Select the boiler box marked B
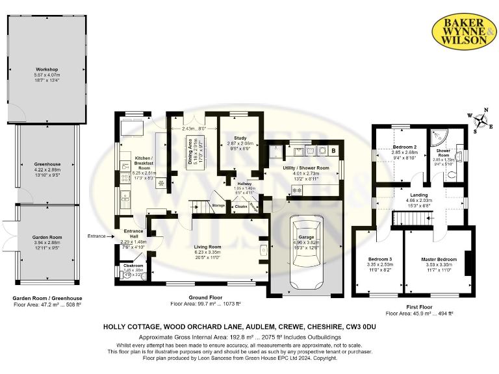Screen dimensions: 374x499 (333, 150)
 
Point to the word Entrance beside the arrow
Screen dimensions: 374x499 (96, 236)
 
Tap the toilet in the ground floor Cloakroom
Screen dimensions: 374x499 (127, 275)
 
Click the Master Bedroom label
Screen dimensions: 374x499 (435, 259)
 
